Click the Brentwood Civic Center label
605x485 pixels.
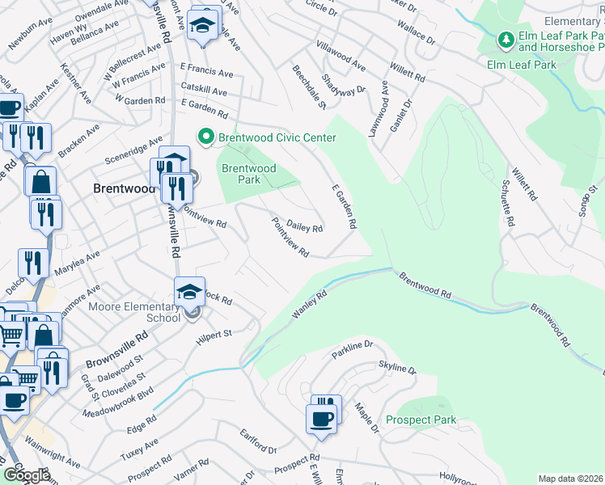pos(277,138)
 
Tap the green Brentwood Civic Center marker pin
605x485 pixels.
pos(206,138)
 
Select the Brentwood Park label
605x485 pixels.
pos(249,174)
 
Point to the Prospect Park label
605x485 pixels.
pos(421,420)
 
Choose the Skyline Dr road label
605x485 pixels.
pos(395,369)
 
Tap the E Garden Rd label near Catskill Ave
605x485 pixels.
pos(205,106)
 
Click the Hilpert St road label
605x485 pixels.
pos(214,338)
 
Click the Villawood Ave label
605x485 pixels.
pos(341,56)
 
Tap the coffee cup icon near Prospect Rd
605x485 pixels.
pos(321,419)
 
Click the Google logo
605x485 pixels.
pos(27,475)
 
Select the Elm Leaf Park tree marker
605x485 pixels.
pos(506,39)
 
